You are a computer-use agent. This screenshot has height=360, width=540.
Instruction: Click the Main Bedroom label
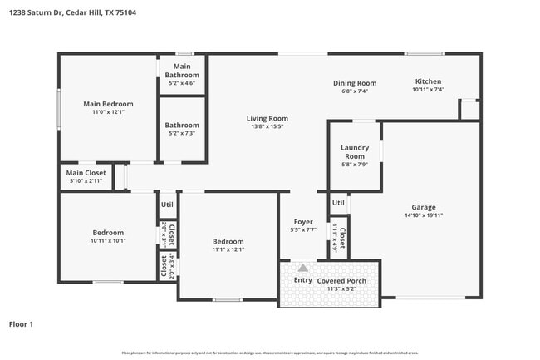pyautogui.click(x=108, y=104)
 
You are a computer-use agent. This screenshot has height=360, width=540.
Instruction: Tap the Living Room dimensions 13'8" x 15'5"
pyautogui.click(x=267, y=127)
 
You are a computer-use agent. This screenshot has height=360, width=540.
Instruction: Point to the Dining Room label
pyautogui.click(x=355, y=82)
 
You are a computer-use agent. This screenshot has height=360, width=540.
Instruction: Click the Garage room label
pyautogui.click(x=423, y=207)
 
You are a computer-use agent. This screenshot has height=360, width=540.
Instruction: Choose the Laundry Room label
pyautogui.click(x=355, y=151)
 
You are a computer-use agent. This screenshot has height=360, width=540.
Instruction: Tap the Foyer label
pyautogui.click(x=302, y=222)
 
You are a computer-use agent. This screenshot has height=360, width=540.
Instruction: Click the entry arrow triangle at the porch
pyautogui.click(x=303, y=268)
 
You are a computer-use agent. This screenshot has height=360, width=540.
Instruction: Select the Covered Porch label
pyautogui.click(x=341, y=281)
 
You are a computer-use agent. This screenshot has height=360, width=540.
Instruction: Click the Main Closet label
pyautogui.click(x=86, y=173)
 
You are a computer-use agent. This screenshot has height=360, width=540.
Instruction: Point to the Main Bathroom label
pyautogui.click(x=181, y=71)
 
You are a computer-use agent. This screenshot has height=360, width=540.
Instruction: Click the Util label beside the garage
pyautogui.click(x=337, y=202)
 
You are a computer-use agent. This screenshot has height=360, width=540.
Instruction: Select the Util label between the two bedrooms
pyautogui.click(x=167, y=204)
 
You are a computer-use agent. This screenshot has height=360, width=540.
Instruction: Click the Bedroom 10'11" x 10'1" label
pyautogui.click(x=108, y=233)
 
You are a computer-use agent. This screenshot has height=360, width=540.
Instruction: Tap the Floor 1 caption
pyautogui.click(x=21, y=323)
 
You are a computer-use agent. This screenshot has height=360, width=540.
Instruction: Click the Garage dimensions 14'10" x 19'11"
pyautogui.click(x=423, y=217)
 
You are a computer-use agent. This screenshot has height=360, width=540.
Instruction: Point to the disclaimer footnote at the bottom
pyautogui.click(x=269, y=353)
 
